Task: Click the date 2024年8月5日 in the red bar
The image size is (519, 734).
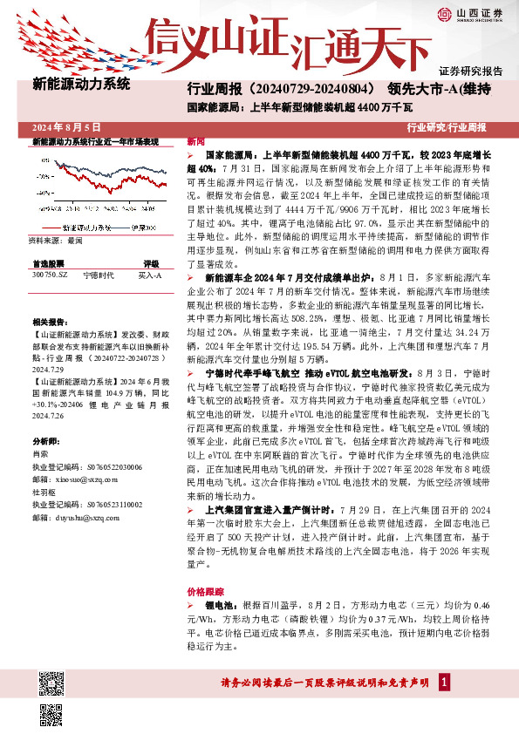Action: pyautogui.click(x=67, y=127)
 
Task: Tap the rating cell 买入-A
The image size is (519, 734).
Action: pyautogui.click(x=150, y=274)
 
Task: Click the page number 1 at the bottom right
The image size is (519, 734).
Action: pyautogui.click(x=444, y=681)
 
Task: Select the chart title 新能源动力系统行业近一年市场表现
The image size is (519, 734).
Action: pyautogui.click(x=95, y=140)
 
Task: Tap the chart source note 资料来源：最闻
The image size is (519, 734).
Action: pyautogui.click(x=55, y=239)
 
